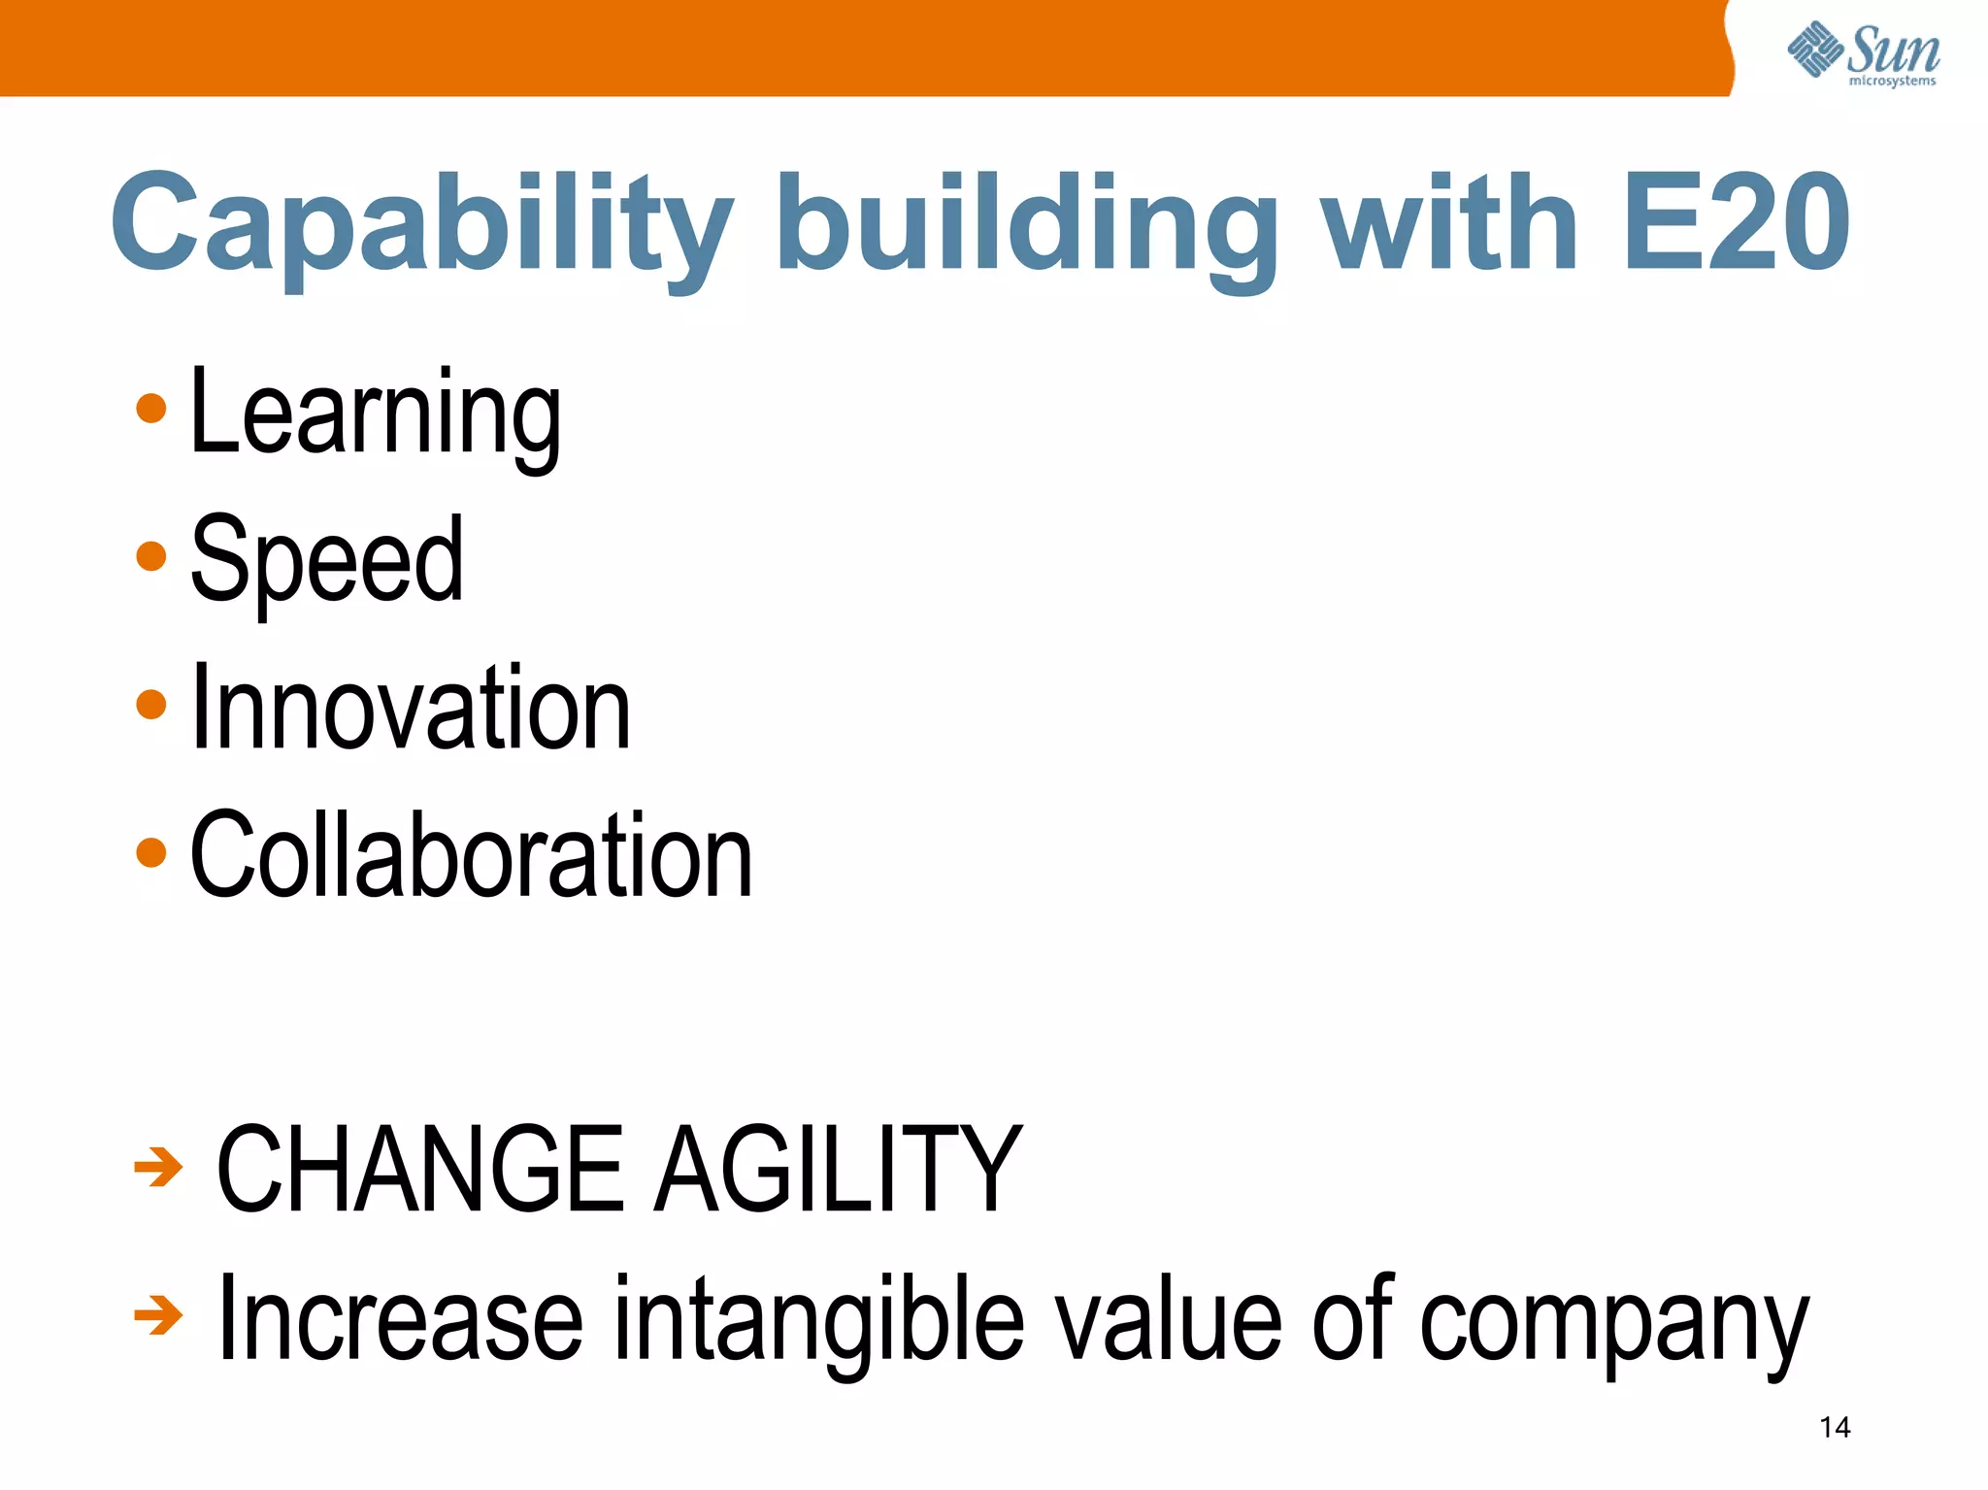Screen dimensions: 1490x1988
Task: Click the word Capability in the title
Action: (x=422, y=225)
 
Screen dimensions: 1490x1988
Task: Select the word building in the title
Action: (x=1026, y=225)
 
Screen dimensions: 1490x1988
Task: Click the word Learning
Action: (x=376, y=414)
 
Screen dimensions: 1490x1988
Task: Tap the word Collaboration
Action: (x=471, y=855)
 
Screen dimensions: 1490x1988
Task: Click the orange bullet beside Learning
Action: (x=151, y=409)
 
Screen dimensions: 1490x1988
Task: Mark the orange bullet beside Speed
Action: (x=151, y=556)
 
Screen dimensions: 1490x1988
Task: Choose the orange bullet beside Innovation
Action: (x=151, y=704)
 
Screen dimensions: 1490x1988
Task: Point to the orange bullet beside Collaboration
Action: (x=151, y=852)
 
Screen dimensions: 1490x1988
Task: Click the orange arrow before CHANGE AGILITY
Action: (x=158, y=1167)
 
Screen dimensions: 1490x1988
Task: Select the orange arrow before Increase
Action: (x=158, y=1316)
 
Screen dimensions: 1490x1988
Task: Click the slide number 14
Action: (x=1835, y=1427)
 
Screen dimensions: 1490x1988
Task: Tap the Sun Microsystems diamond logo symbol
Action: (x=1815, y=49)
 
